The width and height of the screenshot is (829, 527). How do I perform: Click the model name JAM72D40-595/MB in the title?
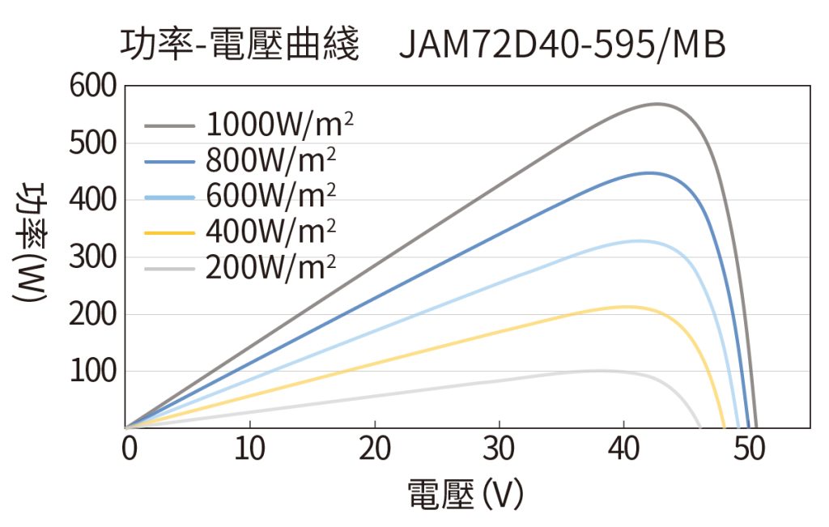pyautogui.click(x=562, y=46)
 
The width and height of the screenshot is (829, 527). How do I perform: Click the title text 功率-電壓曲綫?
pyautogui.click(x=239, y=46)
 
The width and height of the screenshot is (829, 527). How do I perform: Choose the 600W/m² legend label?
pyautogui.click(x=271, y=196)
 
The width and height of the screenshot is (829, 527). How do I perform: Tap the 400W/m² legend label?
pyautogui.click(x=271, y=232)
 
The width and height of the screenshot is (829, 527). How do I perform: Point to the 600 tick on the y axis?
pyautogui.click(x=93, y=86)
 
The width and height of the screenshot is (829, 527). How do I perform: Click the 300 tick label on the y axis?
pyautogui.click(x=93, y=257)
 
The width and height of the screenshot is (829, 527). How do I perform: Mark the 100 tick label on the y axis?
pyautogui.click(x=93, y=372)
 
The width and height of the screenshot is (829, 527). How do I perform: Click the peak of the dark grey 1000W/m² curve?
pyautogui.click(x=657, y=104)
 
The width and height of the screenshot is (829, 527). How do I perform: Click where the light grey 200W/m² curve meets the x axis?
pyautogui.click(x=700, y=427)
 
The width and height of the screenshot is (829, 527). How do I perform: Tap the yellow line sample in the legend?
pyautogui.click(x=171, y=232)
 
